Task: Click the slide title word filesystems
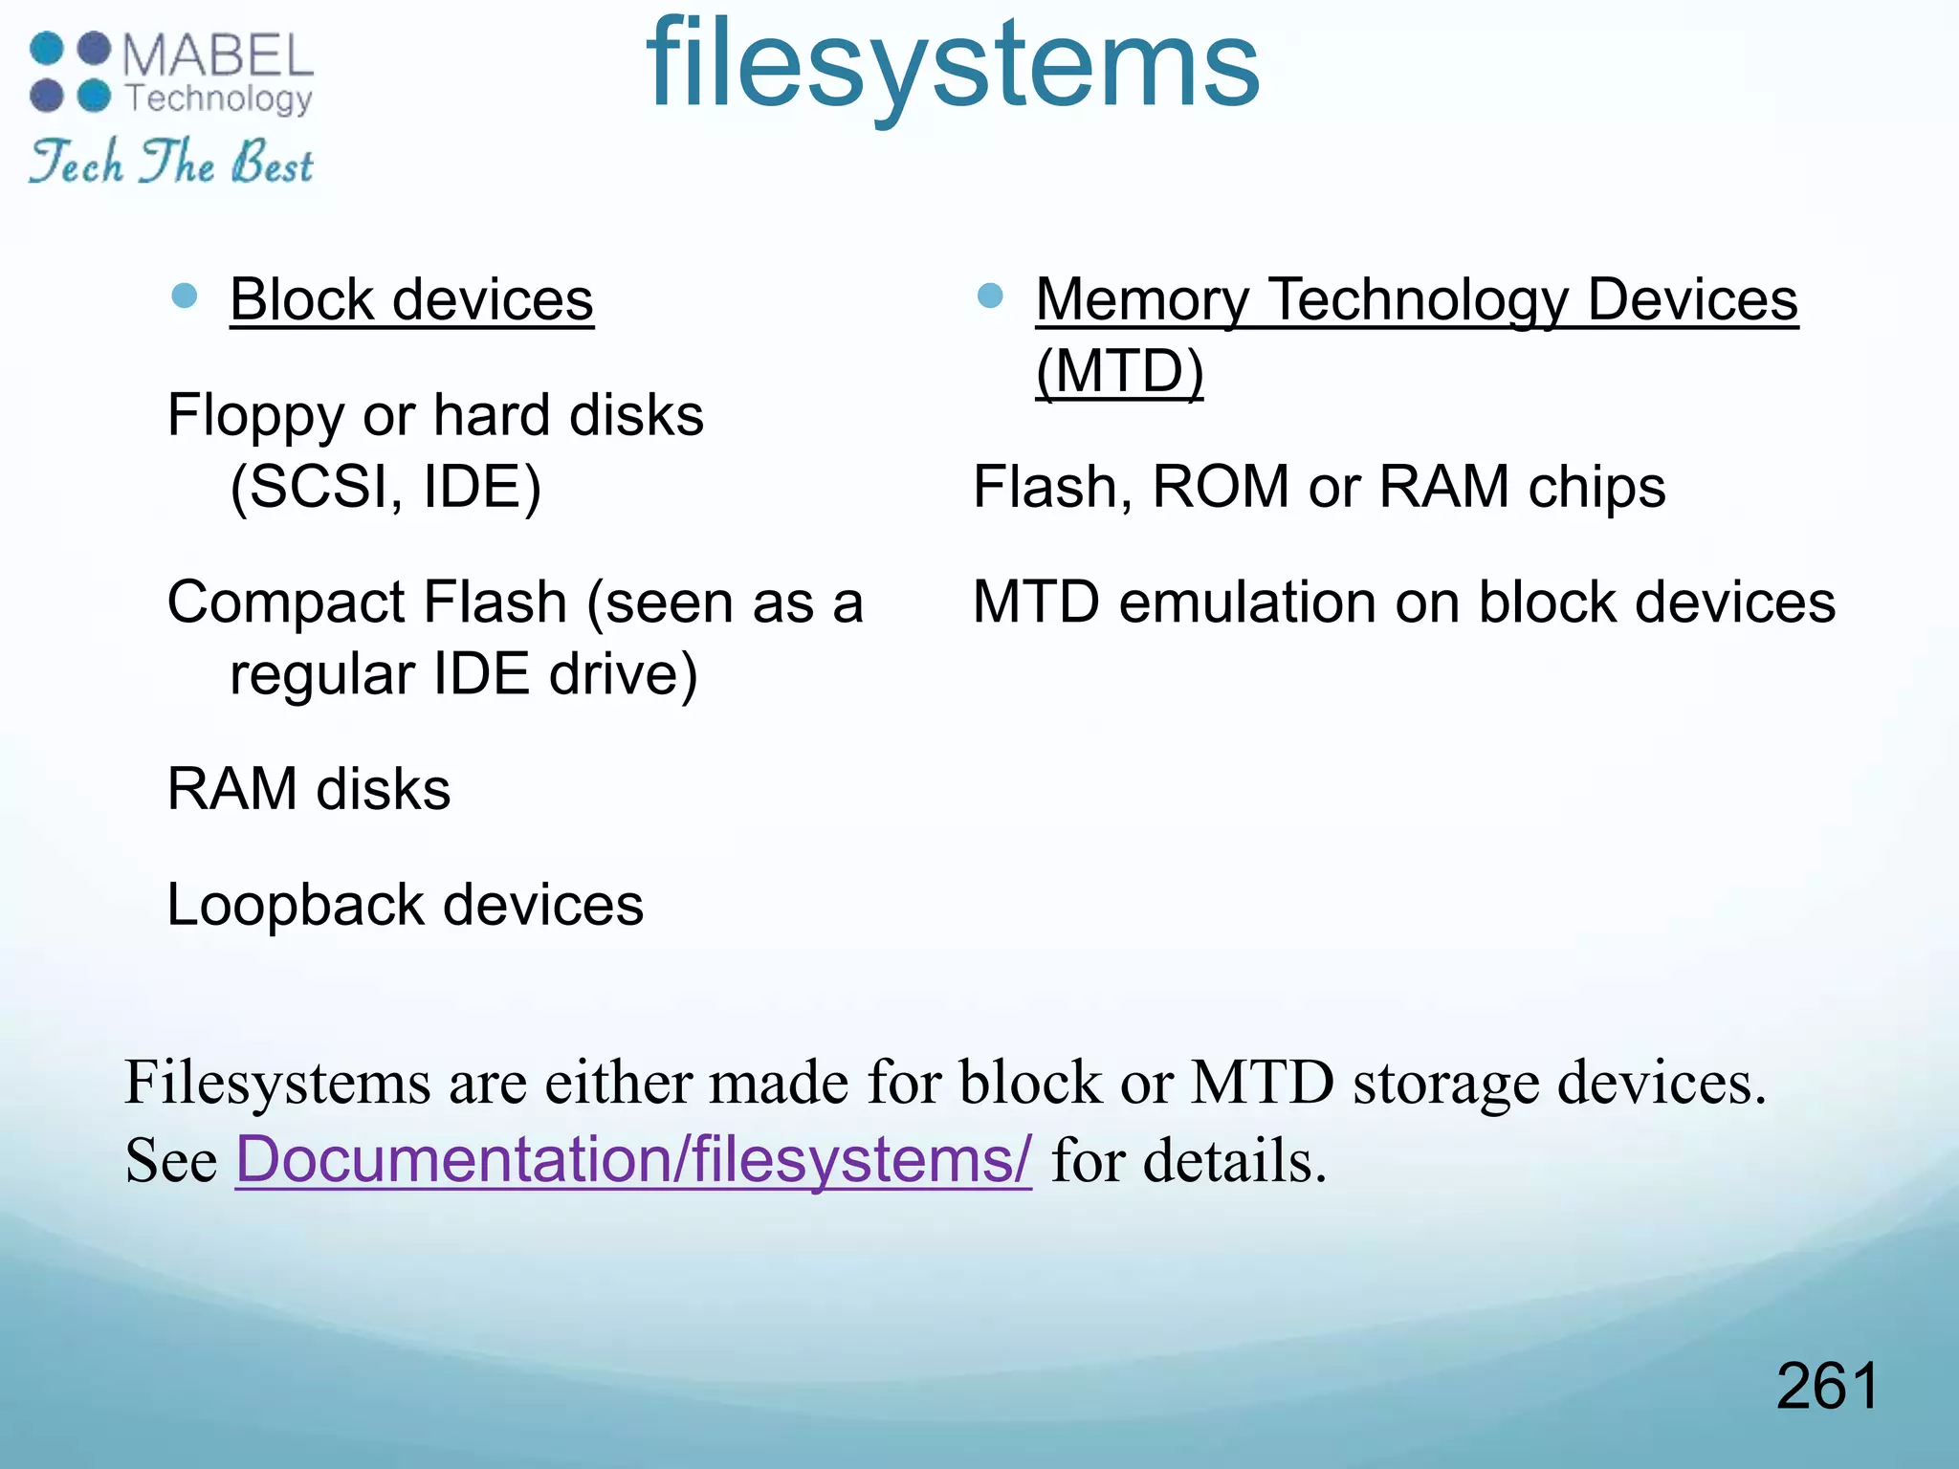tap(953, 67)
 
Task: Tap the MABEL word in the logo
tap(218, 55)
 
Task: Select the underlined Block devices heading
tap(411, 300)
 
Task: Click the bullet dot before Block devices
tap(185, 296)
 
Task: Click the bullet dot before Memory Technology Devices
tap(990, 296)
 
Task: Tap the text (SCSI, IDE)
tap(385, 488)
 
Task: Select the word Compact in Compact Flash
tap(286, 603)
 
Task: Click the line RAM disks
tap(308, 790)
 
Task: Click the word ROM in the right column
tap(1221, 488)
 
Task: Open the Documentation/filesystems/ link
tap(633, 1160)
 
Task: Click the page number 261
tap(1827, 1386)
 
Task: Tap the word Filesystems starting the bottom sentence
tap(277, 1084)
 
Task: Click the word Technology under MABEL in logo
tap(219, 99)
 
